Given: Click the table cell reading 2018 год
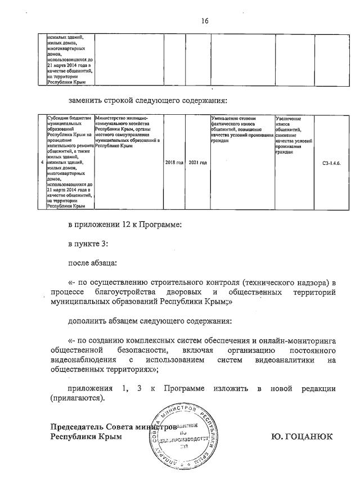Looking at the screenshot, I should point(174,163).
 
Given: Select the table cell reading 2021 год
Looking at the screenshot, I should point(197,163).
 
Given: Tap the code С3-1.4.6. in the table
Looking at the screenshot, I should point(329,163).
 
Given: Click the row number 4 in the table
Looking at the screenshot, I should point(42,163).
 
